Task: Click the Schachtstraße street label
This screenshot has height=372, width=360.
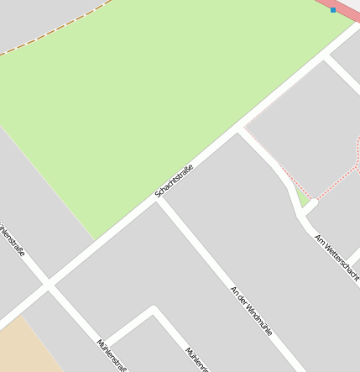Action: point(175,181)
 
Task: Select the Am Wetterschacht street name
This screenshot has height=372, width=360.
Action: point(337,257)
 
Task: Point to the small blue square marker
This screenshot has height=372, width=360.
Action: point(333,10)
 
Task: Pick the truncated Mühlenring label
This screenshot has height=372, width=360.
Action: point(196,359)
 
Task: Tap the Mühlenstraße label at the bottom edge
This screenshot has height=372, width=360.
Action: point(112,354)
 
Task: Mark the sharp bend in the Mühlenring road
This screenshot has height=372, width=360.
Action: point(153,309)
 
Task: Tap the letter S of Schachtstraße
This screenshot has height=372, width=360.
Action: point(157,196)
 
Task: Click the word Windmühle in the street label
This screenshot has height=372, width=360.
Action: point(258,318)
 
